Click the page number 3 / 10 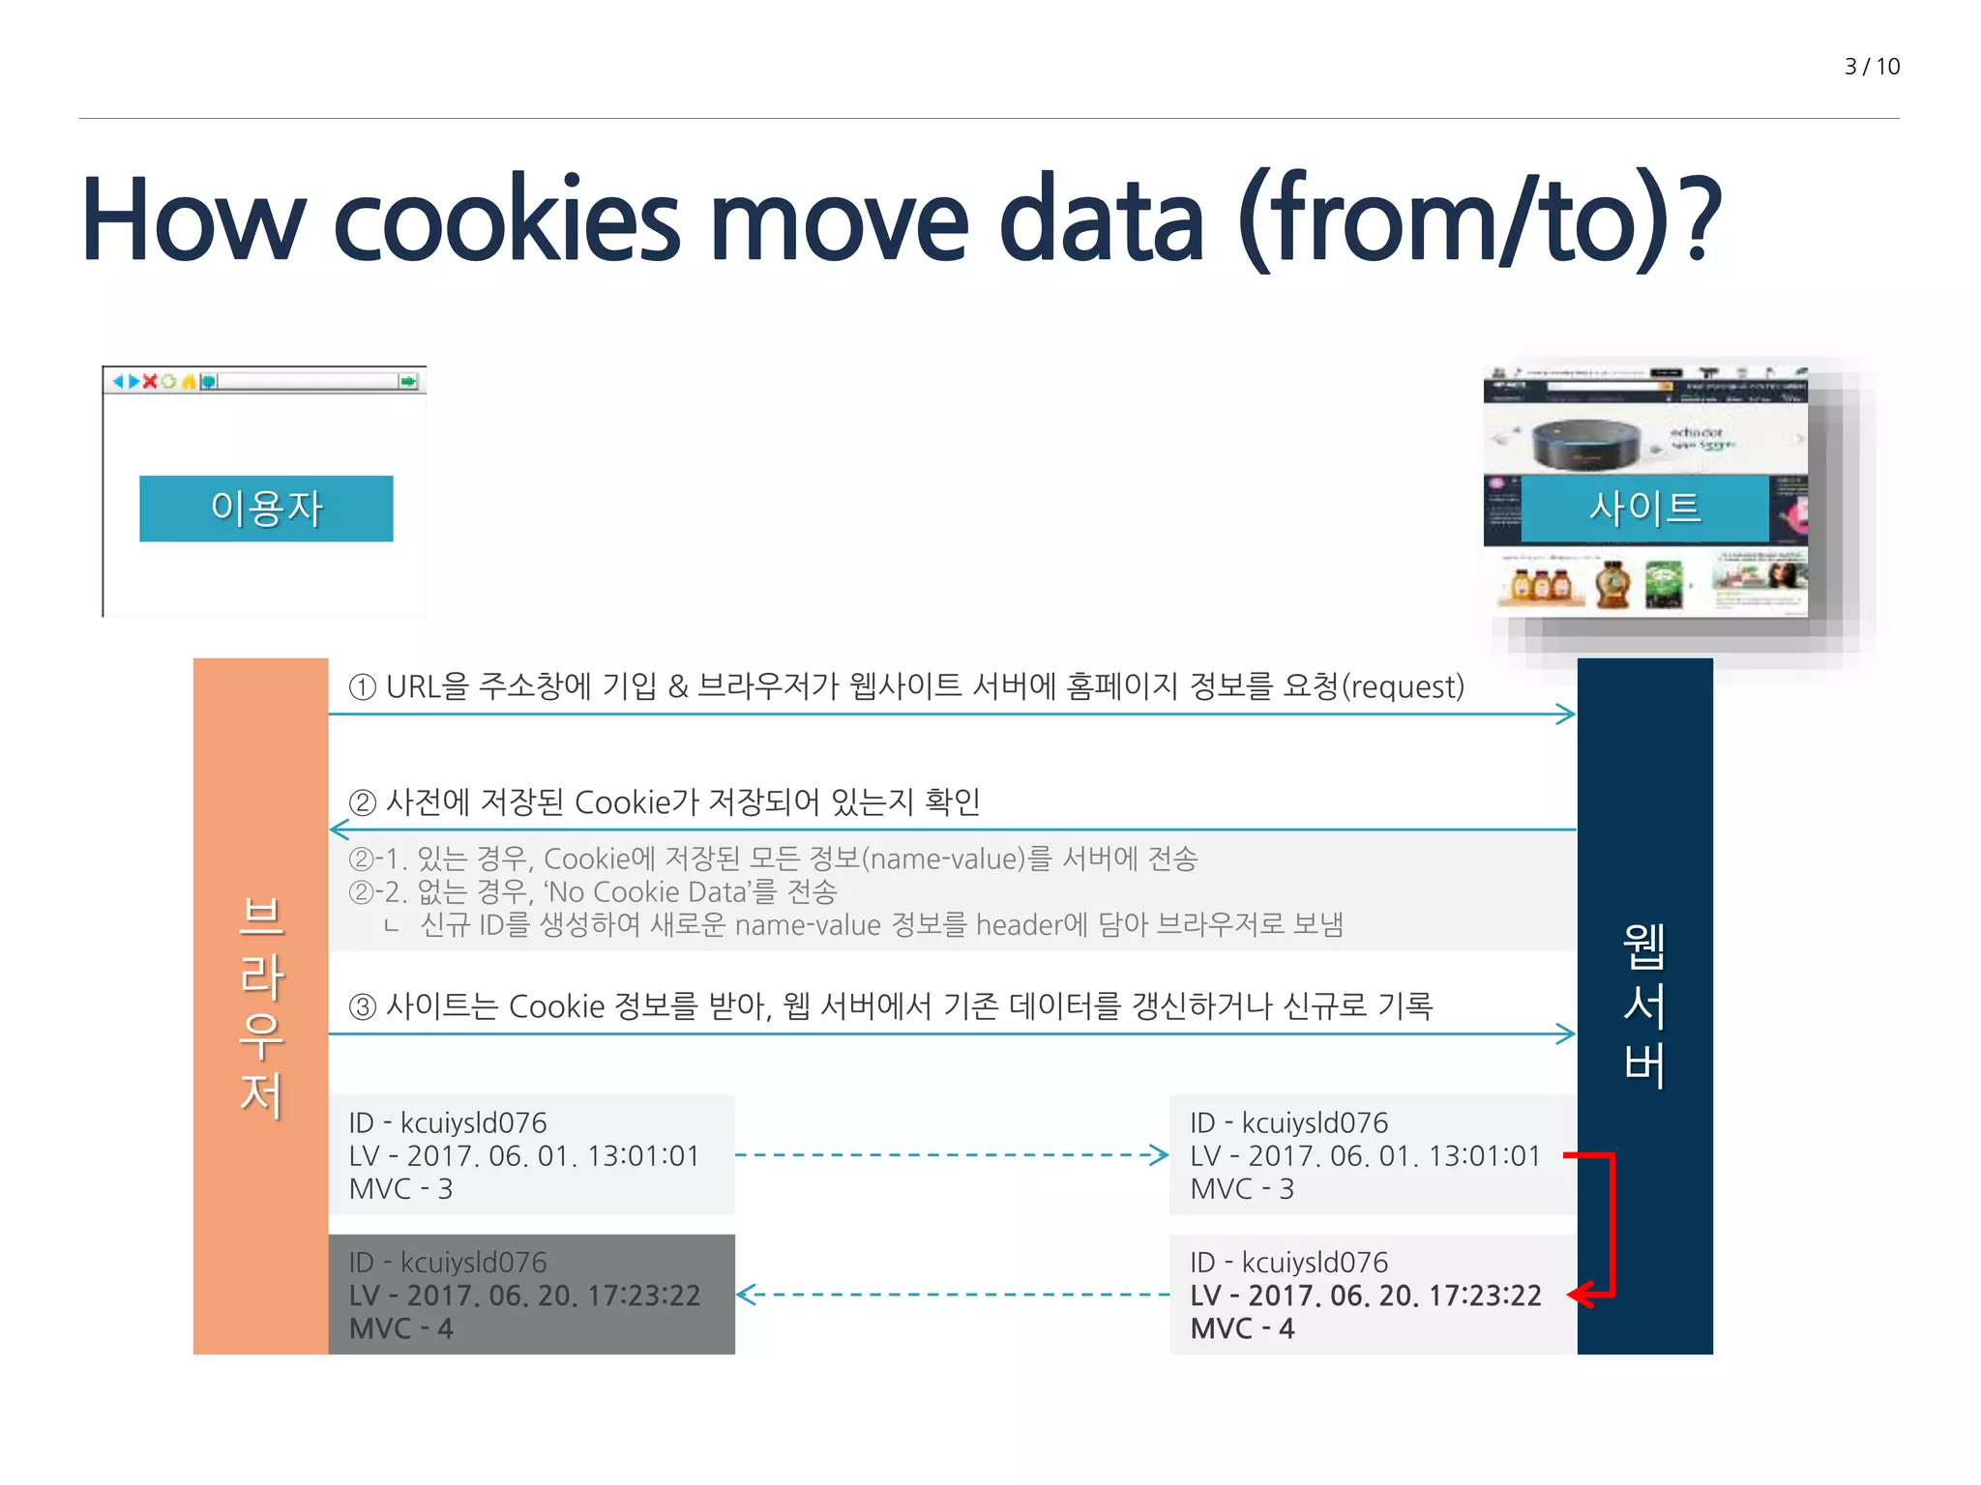pyautogui.click(x=1871, y=67)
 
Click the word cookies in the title pyautogui.click(x=507, y=220)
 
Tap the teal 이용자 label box pyautogui.click(x=266, y=509)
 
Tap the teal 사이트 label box pyautogui.click(x=1644, y=509)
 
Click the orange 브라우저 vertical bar pyautogui.click(x=260, y=1005)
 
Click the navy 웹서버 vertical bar pyautogui.click(x=1644, y=1005)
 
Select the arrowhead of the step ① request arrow pyautogui.click(x=1566, y=714)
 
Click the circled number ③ pyautogui.click(x=362, y=1006)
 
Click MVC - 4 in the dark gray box pyautogui.click(x=400, y=1328)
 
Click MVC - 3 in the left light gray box pyautogui.click(x=400, y=1189)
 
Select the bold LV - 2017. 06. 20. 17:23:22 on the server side pyautogui.click(x=1365, y=1296)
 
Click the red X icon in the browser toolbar pyautogui.click(x=150, y=381)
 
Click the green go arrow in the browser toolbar pyautogui.click(x=408, y=381)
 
